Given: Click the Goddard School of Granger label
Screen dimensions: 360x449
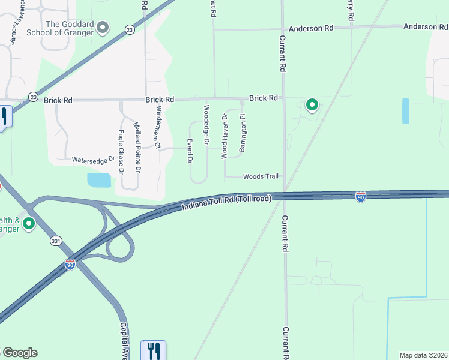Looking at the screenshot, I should [71, 28].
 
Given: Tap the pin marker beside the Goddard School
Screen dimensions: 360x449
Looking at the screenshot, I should [103, 27].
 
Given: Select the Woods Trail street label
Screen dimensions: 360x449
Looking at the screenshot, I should [261, 176].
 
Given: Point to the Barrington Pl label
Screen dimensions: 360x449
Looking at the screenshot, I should [243, 133].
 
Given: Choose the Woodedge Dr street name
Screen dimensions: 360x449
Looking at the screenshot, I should [206, 121].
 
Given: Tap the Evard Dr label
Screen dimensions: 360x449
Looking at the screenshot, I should [189, 151].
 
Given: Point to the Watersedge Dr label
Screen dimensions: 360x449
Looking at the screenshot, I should [93, 160].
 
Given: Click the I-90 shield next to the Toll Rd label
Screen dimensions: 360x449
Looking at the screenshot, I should [360, 197].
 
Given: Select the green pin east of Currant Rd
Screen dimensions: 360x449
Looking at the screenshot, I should [312, 105].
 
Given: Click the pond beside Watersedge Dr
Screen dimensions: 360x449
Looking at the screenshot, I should [99, 179].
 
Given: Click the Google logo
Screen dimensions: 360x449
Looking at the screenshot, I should [20, 353].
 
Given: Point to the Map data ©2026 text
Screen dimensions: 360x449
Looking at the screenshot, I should [424, 355].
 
